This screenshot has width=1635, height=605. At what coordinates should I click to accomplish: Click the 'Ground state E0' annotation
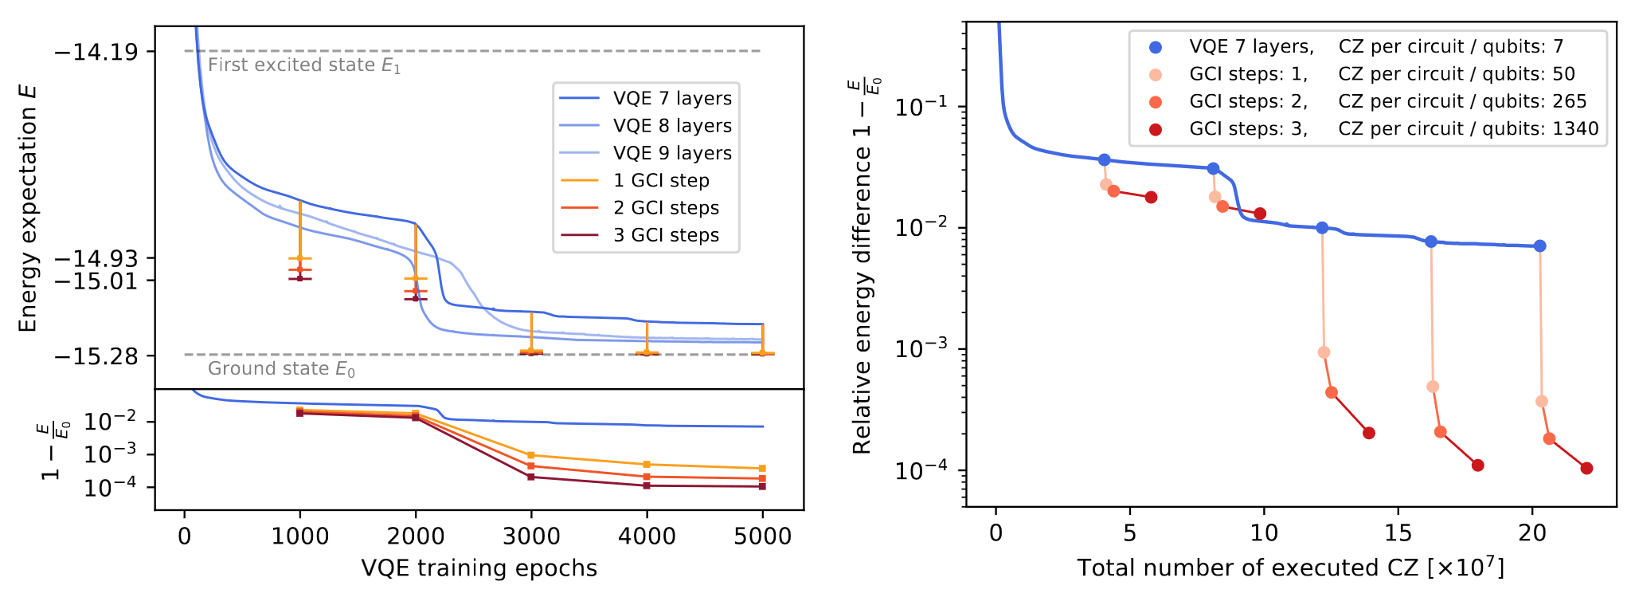[281, 369]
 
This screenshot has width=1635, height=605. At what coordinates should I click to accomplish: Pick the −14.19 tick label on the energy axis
[95, 52]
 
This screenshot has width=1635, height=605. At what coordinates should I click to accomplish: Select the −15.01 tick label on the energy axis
[95, 281]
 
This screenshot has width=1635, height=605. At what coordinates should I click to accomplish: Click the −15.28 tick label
[95, 356]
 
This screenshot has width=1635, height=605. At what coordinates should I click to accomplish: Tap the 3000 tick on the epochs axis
[531, 536]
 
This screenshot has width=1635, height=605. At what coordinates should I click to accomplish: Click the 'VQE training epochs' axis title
[479, 568]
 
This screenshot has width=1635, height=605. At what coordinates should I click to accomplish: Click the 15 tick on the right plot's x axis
[1398, 533]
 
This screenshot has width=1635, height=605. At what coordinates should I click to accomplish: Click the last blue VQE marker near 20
[1539, 246]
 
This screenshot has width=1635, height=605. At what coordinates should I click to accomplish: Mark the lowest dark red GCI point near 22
[1586, 469]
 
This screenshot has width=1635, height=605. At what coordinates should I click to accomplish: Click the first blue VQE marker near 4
[1104, 160]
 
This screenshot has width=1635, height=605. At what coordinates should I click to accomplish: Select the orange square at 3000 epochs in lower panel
[531, 455]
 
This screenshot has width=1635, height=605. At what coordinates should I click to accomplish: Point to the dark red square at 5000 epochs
[762, 486]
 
